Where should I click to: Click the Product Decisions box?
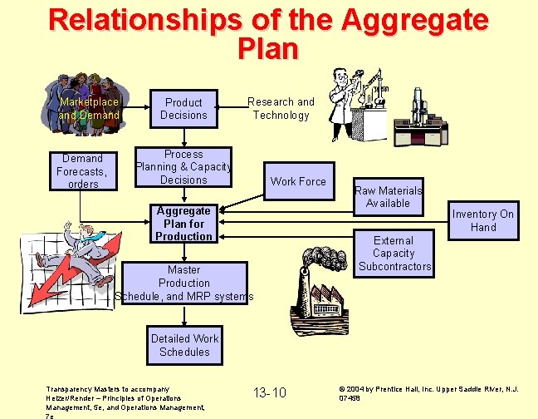[x=183, y=109]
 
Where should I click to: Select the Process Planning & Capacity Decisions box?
[x=183, y=167]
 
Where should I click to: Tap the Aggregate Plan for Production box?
[x=183, y=224]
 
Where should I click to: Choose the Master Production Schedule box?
[x=183, y=283]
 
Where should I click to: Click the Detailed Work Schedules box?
[x=184, y=345]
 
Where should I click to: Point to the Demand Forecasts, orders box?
[x=83, y=170]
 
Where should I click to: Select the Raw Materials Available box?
[x=388, y=197]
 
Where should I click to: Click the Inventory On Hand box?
[x=483, y=220]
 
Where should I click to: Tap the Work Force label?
[x=298, y=181]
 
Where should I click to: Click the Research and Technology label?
[x=281, y=109]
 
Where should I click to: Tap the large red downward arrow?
[x=62, y=274]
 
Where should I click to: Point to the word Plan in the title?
[x=267, y=48]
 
